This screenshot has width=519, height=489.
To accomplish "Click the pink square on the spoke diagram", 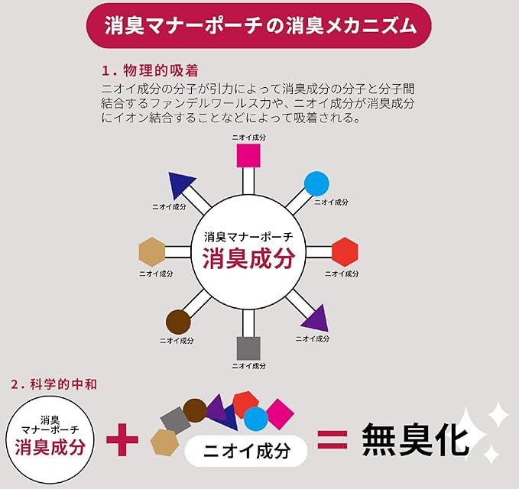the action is [249, 156].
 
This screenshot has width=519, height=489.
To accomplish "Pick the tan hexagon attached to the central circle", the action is [153, 251].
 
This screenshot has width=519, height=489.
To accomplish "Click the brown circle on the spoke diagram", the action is [178, 321].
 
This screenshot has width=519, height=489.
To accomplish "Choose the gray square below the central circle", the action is [249, 348].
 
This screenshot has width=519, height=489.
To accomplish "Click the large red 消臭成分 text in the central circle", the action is [248, 258].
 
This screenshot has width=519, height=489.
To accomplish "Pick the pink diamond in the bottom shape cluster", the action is [280, 413].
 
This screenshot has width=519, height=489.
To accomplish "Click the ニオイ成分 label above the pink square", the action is [249, 136].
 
